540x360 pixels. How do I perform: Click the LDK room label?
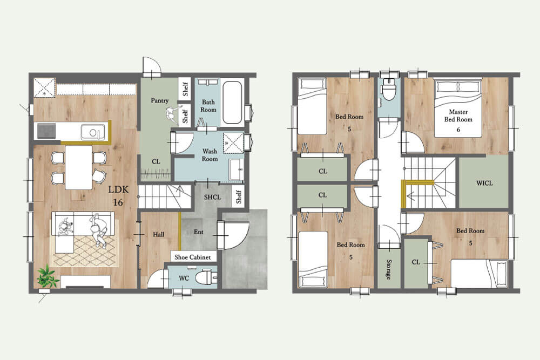click(118, 189)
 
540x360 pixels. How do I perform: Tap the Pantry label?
click(159, 100)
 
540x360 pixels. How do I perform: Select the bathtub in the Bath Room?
click(232, 102)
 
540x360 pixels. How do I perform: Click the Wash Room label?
click(210, 155)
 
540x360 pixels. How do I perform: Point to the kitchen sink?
click(92, 132)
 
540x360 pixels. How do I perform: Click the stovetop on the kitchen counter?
click(46, 131)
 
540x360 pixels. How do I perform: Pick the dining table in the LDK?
click(79, 168)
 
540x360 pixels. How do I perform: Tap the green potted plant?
click(46, 276)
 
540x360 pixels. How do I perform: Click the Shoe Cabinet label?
click(193, 257)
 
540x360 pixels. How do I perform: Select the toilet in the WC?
click(206, 277)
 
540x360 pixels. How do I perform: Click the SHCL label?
click(212, 197)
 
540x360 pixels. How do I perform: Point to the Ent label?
click(198, 232)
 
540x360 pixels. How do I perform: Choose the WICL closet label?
click(484, 183)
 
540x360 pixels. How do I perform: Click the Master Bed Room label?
click(458, 116)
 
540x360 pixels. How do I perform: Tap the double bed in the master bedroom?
click(458, 109)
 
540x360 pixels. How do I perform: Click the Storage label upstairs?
click(389, 269)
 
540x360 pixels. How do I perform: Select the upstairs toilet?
click(389, 89)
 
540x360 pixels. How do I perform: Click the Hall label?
click(158, 234)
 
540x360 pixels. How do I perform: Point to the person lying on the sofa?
click(98, 230)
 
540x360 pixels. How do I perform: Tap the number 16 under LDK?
click(118, 202)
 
